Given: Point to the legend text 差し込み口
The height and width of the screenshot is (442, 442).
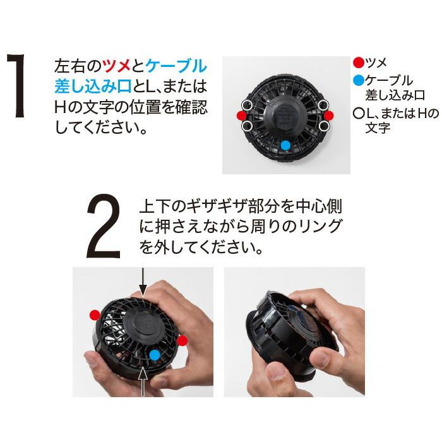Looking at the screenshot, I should [395, 95].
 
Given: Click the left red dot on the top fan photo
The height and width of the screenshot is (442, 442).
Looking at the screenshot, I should [241, 116].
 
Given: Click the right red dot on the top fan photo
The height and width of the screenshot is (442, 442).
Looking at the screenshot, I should [328, 116].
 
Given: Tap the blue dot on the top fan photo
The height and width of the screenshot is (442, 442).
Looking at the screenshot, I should [285, 145].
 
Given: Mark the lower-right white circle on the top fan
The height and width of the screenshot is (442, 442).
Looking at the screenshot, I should [325, 126].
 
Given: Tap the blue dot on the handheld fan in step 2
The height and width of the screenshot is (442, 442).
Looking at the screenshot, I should [155, 354].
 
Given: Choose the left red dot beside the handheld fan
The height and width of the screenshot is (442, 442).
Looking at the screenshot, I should [94, 314].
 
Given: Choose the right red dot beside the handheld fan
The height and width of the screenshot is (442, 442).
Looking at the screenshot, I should [182, 341].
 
